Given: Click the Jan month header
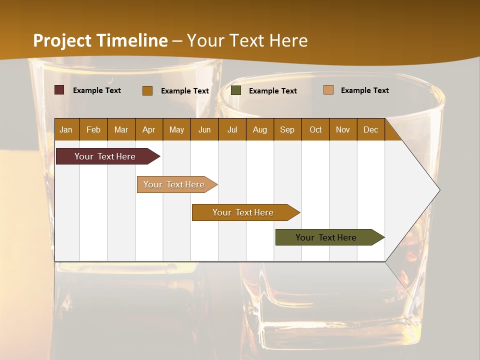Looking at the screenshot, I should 66,129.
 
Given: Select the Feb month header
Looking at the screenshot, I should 93,129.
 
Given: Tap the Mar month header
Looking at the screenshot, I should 121,129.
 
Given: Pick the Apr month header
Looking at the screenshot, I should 149,129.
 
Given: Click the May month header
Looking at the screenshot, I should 176,129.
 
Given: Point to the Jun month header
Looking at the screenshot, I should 204,129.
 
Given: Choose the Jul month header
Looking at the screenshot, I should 232,129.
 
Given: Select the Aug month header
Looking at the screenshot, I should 260,129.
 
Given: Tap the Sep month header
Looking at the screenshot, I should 287,129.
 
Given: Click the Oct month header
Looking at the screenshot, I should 315,129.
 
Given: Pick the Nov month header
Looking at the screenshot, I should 343,129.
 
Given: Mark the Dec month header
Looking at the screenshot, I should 371,129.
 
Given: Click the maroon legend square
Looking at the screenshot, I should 59,90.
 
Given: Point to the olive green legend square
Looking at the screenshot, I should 236,90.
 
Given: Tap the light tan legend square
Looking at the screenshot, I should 328,90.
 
